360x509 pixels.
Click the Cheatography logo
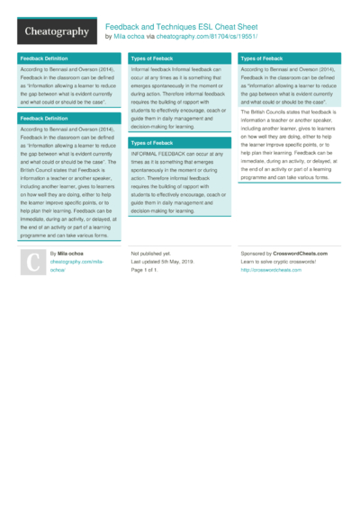click(56, 31)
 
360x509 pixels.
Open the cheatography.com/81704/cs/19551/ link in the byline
click(207, 37)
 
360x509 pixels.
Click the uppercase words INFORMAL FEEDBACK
click(158, 154)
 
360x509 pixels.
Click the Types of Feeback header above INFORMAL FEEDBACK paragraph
click(152, 142)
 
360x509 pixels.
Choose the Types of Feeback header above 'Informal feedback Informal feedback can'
click(152, 58)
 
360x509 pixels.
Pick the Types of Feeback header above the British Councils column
click(262, 58)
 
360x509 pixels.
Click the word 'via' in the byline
click(149, 37)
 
